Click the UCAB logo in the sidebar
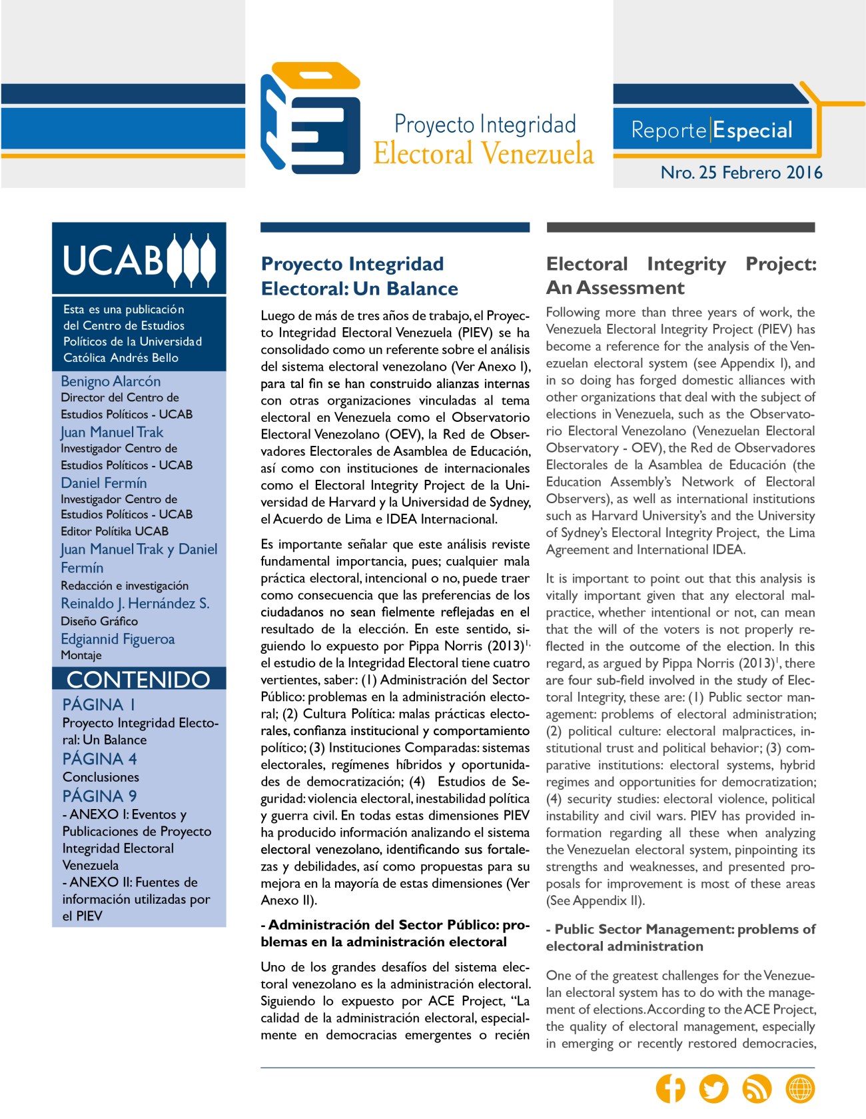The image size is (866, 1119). [x=139, y=259]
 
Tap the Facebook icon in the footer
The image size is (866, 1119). [x=670, y=1088]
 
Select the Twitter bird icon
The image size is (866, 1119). [x=713, y=1088]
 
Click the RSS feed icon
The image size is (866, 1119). [x=757, y=1088]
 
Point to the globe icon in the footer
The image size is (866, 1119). [x=800, y=1088]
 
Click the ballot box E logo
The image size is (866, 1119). [x=310, y=119]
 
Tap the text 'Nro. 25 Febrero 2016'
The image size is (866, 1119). [x=741, y=173]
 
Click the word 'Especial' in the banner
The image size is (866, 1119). [x=753, y=130]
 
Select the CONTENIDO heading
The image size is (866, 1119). [x=139, y=679]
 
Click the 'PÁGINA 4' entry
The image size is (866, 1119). [x=100, y=759]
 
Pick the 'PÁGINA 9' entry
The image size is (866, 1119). [x=100, y=796]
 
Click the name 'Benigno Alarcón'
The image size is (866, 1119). [x=111, y=381]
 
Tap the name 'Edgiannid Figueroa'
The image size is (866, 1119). [x=118, y=639]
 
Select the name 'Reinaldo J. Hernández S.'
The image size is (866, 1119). [x=135, y=603]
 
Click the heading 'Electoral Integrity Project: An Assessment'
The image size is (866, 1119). [x=681, y=275]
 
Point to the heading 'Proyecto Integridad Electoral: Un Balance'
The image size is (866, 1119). [x=360, y=276]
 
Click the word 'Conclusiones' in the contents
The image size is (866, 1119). [x=101, y=777]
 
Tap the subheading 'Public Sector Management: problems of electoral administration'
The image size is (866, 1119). [x=681, y=938]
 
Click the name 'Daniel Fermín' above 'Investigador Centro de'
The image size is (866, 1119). [x=104, y=483]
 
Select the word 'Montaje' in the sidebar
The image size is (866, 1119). [x=81, y=655]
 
